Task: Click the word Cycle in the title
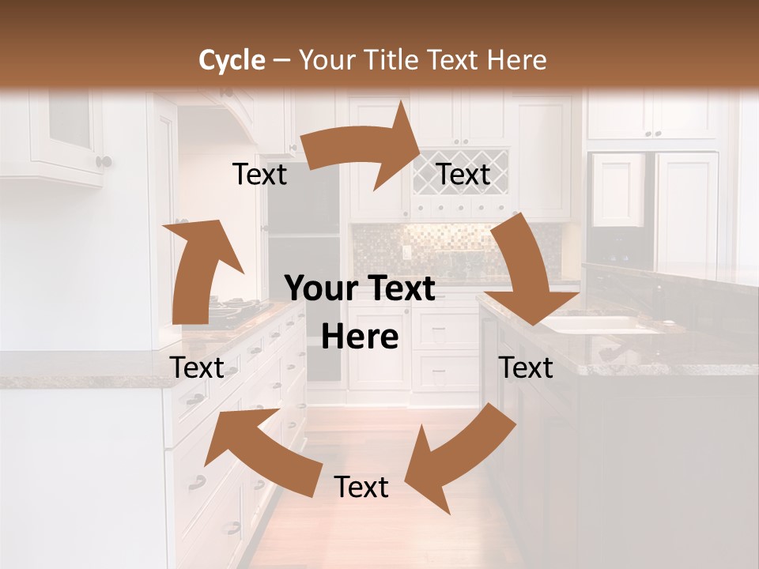(232, 60)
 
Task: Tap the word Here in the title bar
(517, 60)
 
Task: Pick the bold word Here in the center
(360, 337)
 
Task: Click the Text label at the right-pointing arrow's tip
(463, 175)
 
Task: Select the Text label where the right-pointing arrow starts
(259, 175)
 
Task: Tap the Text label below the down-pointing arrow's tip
(526, 367)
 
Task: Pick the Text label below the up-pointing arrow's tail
(197, 367)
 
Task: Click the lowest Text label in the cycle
(361, 487)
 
